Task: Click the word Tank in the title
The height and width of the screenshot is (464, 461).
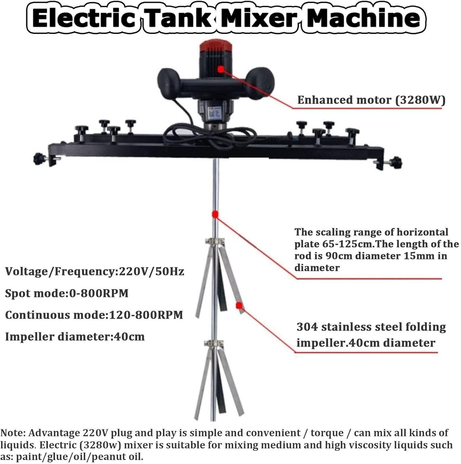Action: click(179, 18)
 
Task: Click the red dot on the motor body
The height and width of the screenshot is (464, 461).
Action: click(221, 69)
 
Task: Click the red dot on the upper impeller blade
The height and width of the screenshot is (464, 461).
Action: click(239, 306)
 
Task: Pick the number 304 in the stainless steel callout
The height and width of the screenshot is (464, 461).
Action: click(307, 327)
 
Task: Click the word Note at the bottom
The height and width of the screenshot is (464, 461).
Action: click(11, 433)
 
